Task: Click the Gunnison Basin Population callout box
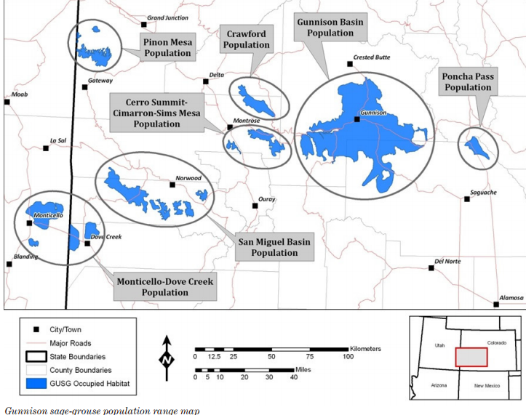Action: (x=330, y=28)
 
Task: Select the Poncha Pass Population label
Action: (x=468, y=82)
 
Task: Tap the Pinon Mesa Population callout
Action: (x=168, y=48)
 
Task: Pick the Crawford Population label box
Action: (x=247, y=39)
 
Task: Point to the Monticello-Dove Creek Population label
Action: (x=165, y=286)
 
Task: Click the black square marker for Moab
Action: (x=7, y=102)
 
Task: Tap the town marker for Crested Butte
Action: (x=350, y=64)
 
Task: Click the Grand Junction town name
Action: (x=167, y=17)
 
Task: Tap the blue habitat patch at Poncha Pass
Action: (x=478, y=147)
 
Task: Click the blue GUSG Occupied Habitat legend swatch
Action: (x=33, y=382)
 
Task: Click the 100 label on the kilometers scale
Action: (x=348, y=357)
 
